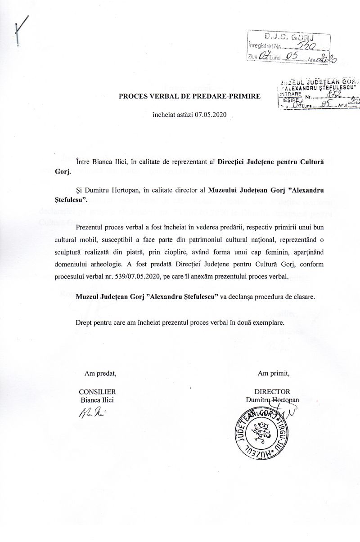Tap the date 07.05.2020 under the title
pyautogui.click(x=210, y=115)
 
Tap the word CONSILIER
pyautogui.click(x=98, y=392)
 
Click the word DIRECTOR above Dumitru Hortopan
pyautogui.click(x=272, y=392)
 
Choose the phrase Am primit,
pyautogui.click(x=274, y=372)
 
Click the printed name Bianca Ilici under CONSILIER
pyautogui.click(x=98, y=399)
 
